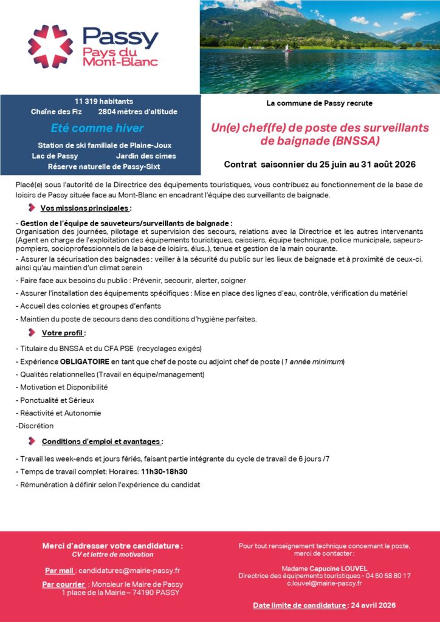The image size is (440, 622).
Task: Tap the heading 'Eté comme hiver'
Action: coord(97,128)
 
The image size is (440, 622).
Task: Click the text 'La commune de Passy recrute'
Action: coord(319,103)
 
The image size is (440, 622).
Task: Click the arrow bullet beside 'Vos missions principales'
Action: coord(32,208)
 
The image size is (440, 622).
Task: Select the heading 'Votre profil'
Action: coord(63,333)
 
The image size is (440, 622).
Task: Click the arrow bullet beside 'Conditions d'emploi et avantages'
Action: coord(32,441)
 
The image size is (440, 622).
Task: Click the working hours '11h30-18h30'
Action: coord(164,471)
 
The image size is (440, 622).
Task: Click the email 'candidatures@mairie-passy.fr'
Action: coord(129,571)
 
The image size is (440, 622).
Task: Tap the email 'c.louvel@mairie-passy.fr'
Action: coord(325,583)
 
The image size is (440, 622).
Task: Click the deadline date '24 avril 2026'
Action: coord(373,605)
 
